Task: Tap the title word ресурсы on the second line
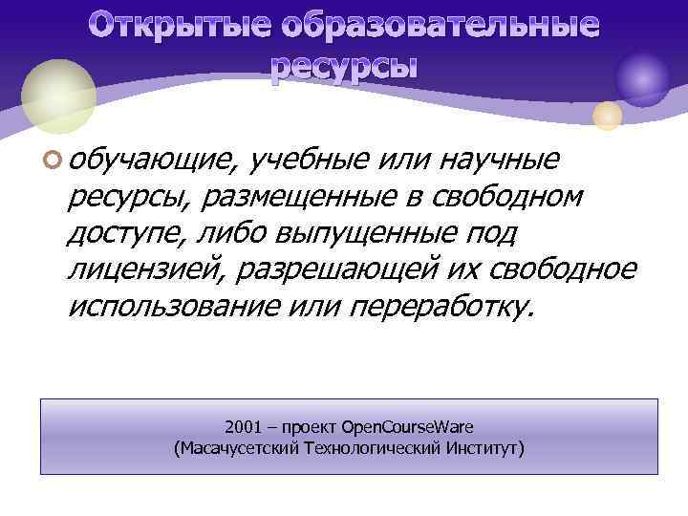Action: point(344,67)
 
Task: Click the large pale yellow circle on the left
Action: point(58,96)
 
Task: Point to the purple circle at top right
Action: point(642,79)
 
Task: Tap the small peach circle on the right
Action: point(608,116)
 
